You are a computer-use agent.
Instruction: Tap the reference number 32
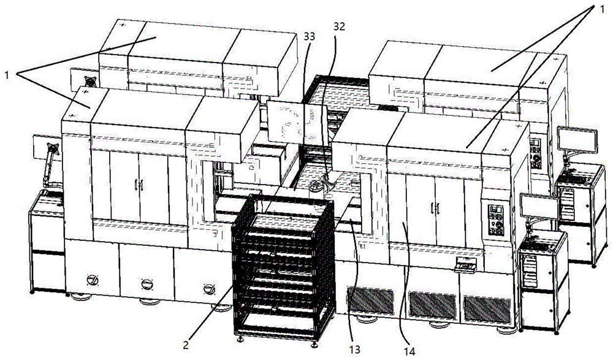(x=339, y=26)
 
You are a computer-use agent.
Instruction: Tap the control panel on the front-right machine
(x=496, y=219)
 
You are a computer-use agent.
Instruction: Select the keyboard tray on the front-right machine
(x=466, y=266)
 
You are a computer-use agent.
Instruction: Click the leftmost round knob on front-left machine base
(x=93, y=280)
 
